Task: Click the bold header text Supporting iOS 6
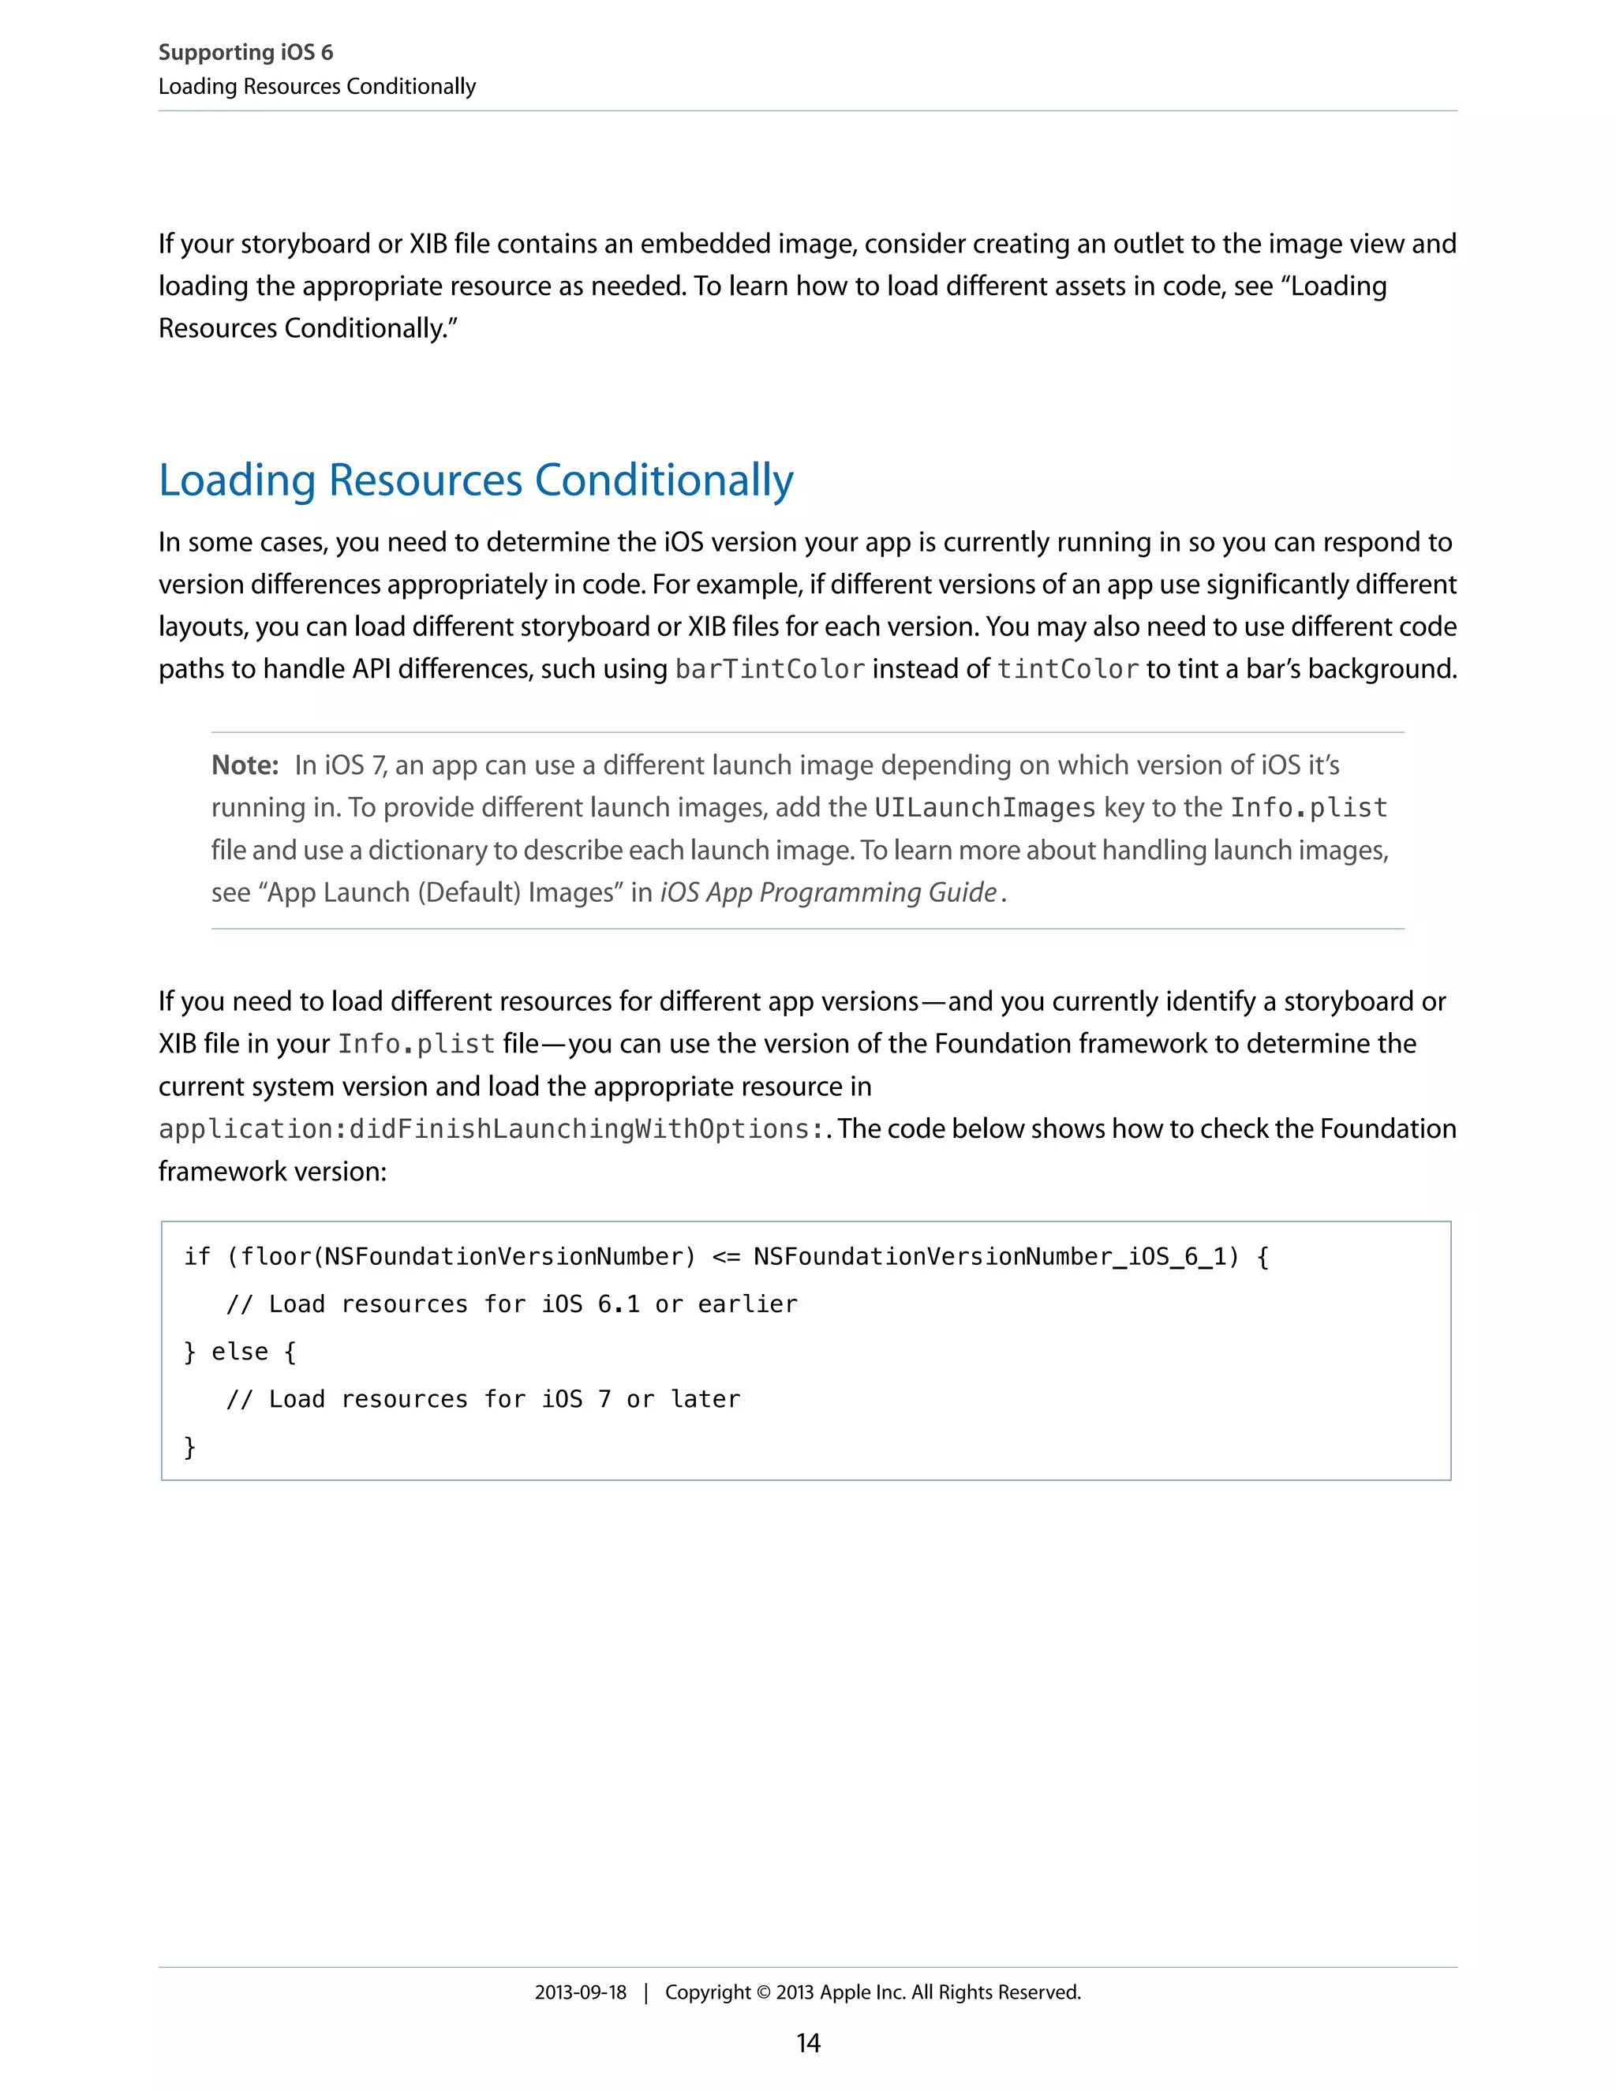(x=245, y=53)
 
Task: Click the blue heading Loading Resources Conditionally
(x=476, y=480)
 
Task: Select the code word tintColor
(x=1068, y=669)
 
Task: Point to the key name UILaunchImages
(x=984, y=808)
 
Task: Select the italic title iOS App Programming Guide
(x=829, y=892)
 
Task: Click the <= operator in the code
(x=726, y=1257)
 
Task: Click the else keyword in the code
(x=239, y=1352)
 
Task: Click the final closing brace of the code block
(x=189, y=1446)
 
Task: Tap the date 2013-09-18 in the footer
(x=580, y=1992)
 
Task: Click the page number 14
(x=808, y=2043)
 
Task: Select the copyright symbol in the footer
(x=763, y=1992)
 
